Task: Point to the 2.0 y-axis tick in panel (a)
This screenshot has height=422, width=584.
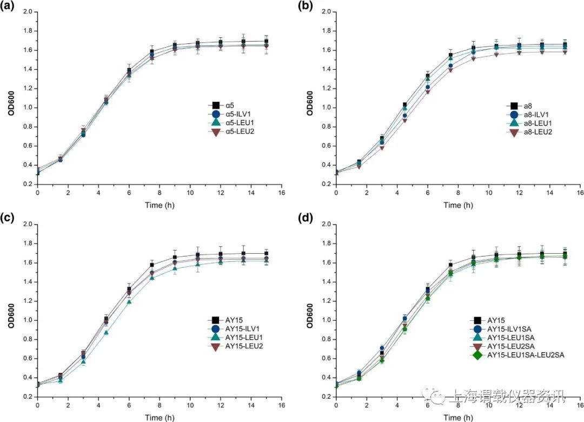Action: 28,12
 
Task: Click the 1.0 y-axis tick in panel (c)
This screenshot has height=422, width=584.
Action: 28,320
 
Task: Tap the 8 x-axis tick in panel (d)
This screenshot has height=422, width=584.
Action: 459,405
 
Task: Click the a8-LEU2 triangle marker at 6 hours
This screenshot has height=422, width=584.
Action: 428,92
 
